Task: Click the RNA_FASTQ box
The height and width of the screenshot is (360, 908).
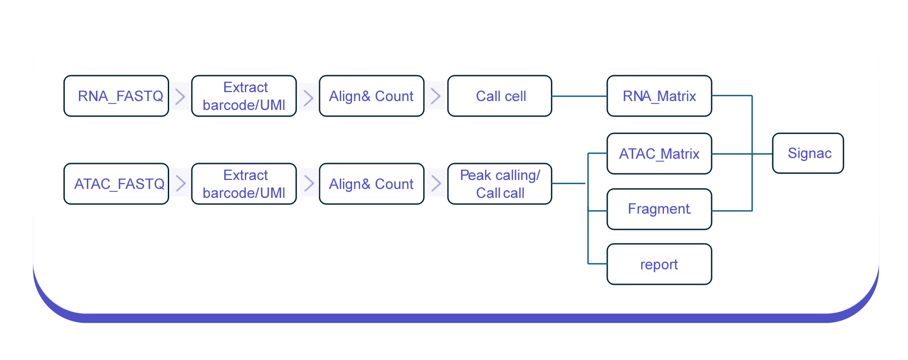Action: point(116,96)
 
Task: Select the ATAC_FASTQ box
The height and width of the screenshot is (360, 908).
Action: point(116,184)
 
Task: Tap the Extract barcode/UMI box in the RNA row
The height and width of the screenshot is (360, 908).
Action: point(244,96)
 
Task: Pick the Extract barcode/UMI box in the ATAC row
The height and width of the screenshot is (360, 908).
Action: point(244,184)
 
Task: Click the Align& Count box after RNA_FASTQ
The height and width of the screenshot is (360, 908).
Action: point(371,96)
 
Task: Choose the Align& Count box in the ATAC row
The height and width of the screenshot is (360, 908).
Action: point(371,184)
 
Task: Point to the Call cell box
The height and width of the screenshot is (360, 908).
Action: point(500,96)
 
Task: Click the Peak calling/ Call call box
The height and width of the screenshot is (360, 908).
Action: point(500,184)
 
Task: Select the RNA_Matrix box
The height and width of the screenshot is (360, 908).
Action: point(659,96)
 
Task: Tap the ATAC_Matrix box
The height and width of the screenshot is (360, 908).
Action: point(659,154)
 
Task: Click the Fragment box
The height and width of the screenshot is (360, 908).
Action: point(659,209)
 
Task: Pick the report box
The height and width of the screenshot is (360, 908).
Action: point(659,264)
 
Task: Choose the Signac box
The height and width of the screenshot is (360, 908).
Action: point(808,153)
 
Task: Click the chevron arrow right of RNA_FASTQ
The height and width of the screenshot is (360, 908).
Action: point(180,96)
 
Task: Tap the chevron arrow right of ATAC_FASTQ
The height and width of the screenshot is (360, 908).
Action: point(180,183)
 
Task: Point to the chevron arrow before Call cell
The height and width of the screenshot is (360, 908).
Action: point(436,96)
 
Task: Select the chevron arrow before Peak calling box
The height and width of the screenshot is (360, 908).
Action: point(436,183)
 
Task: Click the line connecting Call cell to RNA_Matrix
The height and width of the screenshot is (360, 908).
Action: point(579,96)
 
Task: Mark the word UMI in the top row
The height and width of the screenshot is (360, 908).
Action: point(273,105)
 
